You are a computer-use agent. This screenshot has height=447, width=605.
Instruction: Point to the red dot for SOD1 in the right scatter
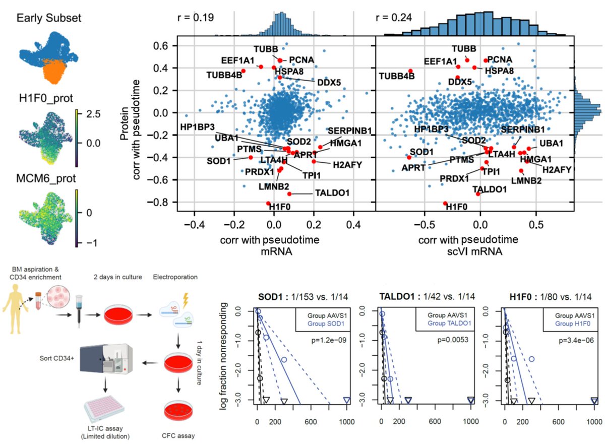click(x=409, y=157)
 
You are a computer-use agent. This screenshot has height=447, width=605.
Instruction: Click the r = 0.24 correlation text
click(x=394, y=17)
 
